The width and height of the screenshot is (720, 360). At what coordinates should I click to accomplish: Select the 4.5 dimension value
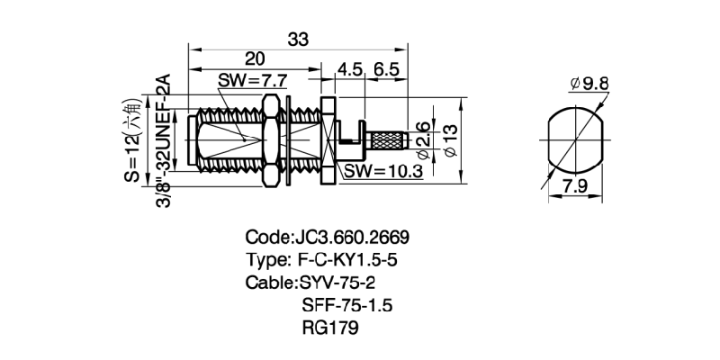[349, 68]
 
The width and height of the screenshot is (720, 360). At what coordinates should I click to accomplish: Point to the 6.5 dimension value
[385, 68]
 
